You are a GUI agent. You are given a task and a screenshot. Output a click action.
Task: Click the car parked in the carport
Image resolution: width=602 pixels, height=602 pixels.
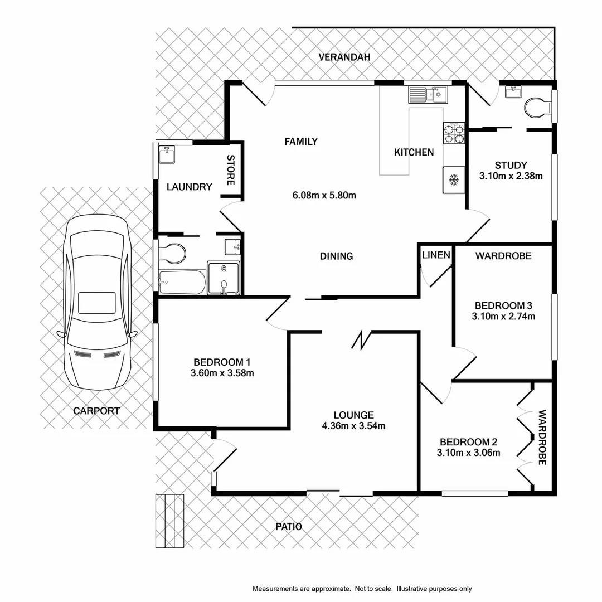(x=97, y=303)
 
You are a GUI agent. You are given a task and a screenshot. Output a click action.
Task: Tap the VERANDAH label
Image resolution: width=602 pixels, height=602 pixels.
(x=344, y=57)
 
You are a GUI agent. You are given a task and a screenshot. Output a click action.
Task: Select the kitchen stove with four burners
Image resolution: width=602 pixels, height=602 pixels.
(x=454, y=134)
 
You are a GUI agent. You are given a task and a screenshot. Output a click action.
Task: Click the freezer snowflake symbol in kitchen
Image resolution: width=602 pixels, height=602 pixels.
(x=454, y=180)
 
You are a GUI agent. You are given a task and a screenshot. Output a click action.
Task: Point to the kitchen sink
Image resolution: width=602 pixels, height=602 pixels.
(x=429, y=95)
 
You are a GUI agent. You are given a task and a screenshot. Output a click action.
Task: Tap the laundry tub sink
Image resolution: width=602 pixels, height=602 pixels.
(x=167, y=153)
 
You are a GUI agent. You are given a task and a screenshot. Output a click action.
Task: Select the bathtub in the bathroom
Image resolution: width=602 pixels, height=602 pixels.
(x=181, y=282)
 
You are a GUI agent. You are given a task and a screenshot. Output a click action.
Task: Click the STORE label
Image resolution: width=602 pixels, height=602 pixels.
(x=231, y=170)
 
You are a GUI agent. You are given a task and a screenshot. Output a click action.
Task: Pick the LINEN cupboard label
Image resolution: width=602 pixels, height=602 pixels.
(x=436, y=255)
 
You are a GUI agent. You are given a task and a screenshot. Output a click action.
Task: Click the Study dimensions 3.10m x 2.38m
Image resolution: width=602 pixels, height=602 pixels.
(x=511, y=176)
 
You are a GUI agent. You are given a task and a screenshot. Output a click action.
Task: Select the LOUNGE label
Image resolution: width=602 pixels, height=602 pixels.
(x=353, y=415)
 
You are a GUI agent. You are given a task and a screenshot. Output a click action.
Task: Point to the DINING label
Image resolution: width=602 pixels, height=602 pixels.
(x=336, y=256)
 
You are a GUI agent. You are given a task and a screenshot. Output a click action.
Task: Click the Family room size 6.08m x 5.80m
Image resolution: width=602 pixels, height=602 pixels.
(x=324, y=195)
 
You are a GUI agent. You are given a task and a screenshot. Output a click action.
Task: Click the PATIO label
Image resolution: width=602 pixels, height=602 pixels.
(x=289, y=526)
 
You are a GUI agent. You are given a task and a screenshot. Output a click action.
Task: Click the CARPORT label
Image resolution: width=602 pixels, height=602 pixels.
(x=96, y=411)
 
